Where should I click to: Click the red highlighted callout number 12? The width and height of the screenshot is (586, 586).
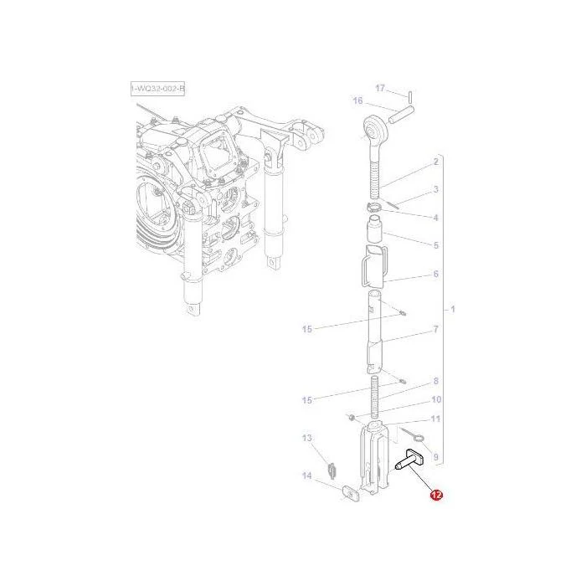(x=436, y=495)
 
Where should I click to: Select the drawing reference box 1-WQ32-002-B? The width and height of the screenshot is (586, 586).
(x=157, y=89)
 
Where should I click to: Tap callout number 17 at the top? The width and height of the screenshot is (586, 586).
(x=380, y=88)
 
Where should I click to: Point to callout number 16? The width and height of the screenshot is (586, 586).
(x=357, y=100)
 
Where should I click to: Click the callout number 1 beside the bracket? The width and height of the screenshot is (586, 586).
(x=453, y=310)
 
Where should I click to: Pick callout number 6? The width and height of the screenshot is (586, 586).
(x=436, y=274)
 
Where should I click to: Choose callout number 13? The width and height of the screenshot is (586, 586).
(x=307, y=438)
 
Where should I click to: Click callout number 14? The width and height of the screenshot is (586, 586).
(x=307, y=475)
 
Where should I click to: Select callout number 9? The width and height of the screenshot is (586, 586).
(x=436, y=457)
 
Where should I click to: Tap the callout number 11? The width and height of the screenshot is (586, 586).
(x=436, y=419)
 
